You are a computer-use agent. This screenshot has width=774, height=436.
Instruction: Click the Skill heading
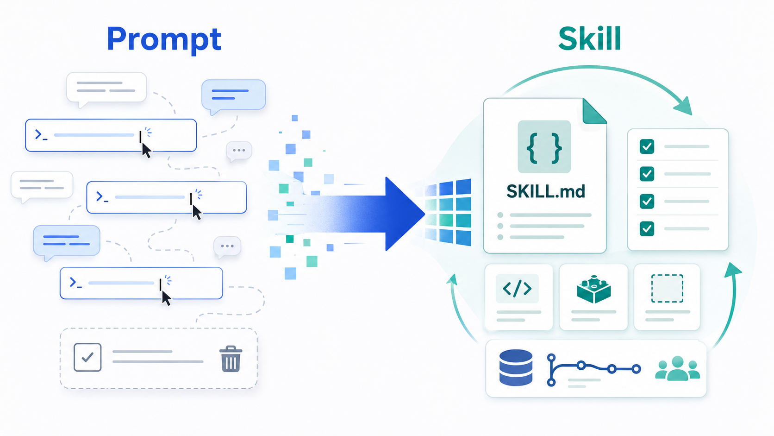point(589,38)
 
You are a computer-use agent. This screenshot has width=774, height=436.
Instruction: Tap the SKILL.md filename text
point(546,191)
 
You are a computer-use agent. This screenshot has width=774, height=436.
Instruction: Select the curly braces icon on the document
point(544,146)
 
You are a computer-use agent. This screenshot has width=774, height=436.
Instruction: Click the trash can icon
point(231,359)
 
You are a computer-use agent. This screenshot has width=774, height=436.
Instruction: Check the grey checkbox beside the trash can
point(87,357)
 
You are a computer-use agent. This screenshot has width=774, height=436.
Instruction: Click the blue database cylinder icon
point(516,367)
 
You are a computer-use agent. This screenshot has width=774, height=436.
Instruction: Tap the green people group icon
point(678,368)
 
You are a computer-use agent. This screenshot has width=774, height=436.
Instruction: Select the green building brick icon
point(593,289)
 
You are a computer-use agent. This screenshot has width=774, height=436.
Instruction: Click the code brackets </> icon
point(517,289)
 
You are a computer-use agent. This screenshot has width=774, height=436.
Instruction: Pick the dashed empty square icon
point(667,288)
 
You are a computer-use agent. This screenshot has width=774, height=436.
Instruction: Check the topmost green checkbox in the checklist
point(647,146)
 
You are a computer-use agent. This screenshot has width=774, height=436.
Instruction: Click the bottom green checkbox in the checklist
point(647,228)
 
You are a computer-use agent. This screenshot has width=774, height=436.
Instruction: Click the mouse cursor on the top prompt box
point(146,151)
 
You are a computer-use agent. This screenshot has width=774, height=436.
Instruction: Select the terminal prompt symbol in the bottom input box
point(75,283)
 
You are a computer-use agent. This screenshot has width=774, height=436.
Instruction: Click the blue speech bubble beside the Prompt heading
point(234,96)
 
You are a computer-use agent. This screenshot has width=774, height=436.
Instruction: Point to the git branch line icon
point(594,370)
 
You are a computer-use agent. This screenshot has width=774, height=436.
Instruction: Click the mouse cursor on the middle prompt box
point(197,212)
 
